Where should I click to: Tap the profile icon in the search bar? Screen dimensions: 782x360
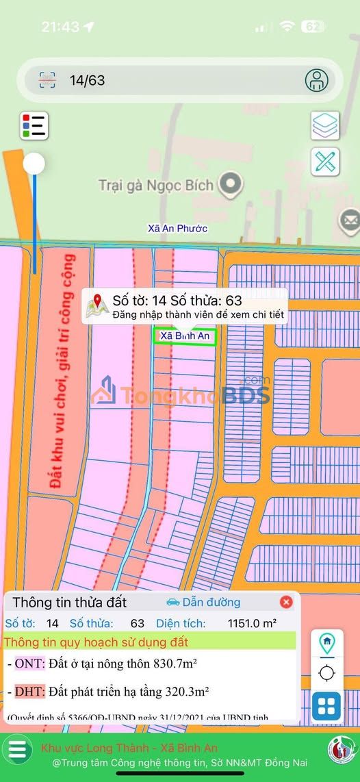pos(316,80)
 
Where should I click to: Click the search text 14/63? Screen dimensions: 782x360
pos(87,81)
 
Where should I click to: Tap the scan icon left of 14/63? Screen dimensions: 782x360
pos(47,80)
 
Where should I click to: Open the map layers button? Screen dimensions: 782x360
pos(325,125)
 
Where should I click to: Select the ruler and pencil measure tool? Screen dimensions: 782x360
pos(325,162)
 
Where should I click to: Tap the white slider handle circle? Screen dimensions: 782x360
pos(34,164)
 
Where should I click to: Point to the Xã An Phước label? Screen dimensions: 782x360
pos(177,228)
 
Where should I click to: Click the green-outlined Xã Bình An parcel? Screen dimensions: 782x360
pos(185,336)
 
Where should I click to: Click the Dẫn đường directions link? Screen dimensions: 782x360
pos(203,602)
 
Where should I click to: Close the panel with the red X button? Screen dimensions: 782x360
pos(286,602)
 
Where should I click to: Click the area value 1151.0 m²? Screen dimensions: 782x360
pos(252,623)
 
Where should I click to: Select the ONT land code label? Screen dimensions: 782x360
pos(29,663)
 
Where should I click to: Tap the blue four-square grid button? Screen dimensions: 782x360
pos(326,707)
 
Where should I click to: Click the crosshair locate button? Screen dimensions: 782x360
pos(326,674)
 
